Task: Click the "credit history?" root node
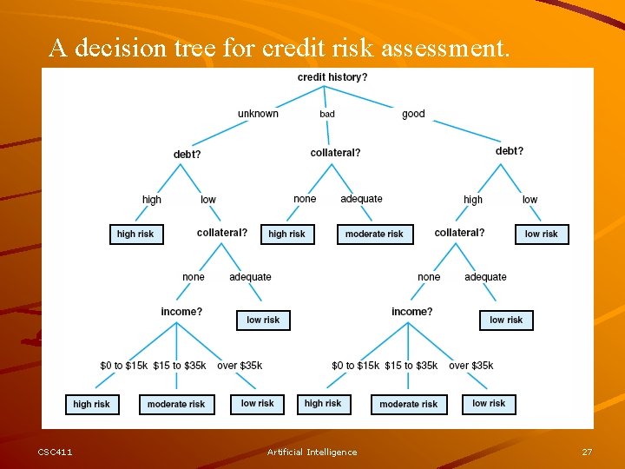(x=332, y=77)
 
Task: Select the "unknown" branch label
(x=258, y=114)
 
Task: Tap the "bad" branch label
(x=327, y=114)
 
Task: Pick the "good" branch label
(x=413, y=114)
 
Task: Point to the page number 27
(x=587, y=452)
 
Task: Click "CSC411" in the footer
(x=56, y=452)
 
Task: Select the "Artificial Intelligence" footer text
(x=312, y=452)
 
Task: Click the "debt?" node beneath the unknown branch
(x=187, y=155)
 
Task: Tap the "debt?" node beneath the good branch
(x=510, y=151)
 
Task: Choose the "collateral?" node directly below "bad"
(x=335, y=153)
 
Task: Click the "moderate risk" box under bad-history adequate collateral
(x=374, y=234)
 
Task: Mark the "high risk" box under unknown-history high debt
(x=135, y=234)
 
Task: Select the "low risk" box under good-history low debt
(x=542, y=234)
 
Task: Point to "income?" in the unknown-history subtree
(x=181, y=312)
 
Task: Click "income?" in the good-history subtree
(x=411, y=312)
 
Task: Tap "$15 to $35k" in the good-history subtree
(x=411, y=366)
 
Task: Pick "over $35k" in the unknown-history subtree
(x=240, y=366)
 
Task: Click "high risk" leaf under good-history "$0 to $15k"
(x=323, y=403)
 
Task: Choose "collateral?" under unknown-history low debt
(x=221, y=233)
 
